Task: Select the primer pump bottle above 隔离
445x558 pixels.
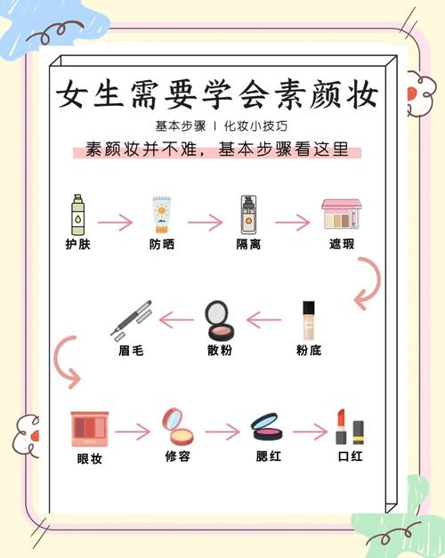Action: pyautogui.click(x=248, y=215)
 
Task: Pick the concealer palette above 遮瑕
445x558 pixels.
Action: pyautogui.click(x=341, y=214)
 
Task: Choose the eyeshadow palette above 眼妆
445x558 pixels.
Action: pyautogui.click(x=90, y=428)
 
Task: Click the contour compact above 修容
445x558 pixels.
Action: pyautogui.click(x=176, y=427)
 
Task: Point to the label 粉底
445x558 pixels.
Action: pyautogui.click(x=308, y=351)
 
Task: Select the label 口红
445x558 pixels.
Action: pyautogui.click(x=351, y=457)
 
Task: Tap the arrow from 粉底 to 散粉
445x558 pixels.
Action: pyautogui.click(x=264, y=318)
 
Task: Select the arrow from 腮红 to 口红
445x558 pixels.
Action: pyautogui.click(x=310, y=433)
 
